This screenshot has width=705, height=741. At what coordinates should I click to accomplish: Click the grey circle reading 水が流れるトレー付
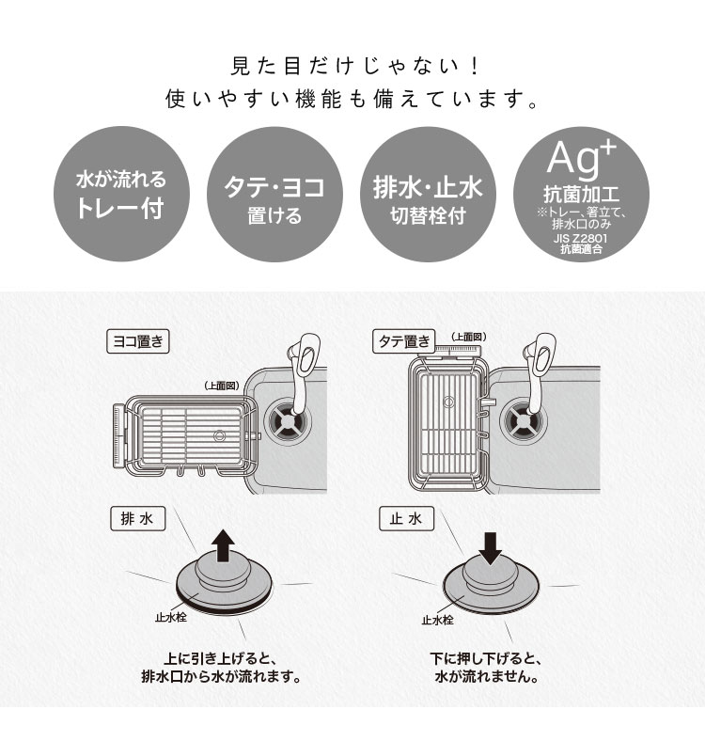point(121,194)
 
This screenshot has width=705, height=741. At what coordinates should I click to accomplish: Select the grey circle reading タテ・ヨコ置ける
point(275,194)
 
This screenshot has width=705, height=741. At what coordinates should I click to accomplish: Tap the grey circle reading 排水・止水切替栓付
point(428,194)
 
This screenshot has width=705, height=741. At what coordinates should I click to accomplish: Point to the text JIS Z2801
point(581,238)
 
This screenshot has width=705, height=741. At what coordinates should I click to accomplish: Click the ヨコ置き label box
point(138,341)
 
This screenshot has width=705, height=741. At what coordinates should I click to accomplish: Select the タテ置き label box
point(404,341)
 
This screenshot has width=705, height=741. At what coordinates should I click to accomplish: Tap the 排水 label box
point(137,519)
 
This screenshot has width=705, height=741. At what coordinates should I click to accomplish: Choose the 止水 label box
point(406,519)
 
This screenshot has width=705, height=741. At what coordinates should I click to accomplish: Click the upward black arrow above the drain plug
point(223,545)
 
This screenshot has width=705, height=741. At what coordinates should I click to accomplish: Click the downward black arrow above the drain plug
point(490,548)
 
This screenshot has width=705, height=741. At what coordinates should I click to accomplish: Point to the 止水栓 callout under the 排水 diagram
point(170,617)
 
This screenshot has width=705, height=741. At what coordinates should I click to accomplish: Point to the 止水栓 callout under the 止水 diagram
point(437,620)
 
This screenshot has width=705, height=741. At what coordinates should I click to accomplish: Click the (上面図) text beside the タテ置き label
point(468,337)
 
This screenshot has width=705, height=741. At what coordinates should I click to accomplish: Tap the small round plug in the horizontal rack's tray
point(219,435)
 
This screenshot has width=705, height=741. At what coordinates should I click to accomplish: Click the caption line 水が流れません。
point(487,677)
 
